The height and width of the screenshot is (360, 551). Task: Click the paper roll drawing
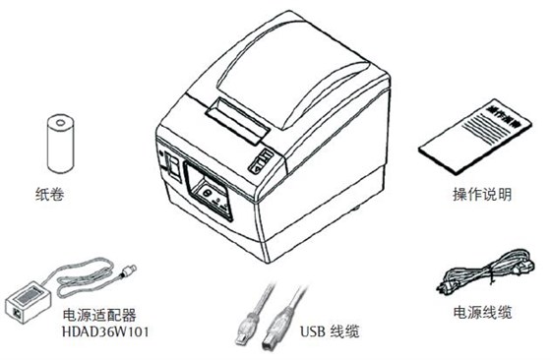pos(60,144)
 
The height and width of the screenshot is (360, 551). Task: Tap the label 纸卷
pos(50,194)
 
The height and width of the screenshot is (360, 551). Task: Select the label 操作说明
pos(482,194)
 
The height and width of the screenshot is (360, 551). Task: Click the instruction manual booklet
pos(474,137)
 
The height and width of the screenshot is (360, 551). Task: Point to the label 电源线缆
pos(482,312)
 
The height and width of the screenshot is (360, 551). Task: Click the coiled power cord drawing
pos(486,271)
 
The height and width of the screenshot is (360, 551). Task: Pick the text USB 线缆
pos(330,331)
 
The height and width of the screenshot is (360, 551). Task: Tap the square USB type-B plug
pos(276,329)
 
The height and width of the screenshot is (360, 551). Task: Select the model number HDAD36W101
pos(105,331)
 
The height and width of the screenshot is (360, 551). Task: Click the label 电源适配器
pos(99,315)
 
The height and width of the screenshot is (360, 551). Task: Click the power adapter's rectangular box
pos(29,302)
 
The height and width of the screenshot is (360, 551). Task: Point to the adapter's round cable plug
pos(129,270)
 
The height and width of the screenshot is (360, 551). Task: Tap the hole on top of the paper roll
pos(60,123)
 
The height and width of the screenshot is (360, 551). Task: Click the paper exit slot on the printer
pos(237,121)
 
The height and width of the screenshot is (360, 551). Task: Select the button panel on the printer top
pos(261,160)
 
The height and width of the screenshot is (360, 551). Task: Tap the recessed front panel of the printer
pos(209,191)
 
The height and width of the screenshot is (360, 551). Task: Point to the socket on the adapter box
pos(16,312)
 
